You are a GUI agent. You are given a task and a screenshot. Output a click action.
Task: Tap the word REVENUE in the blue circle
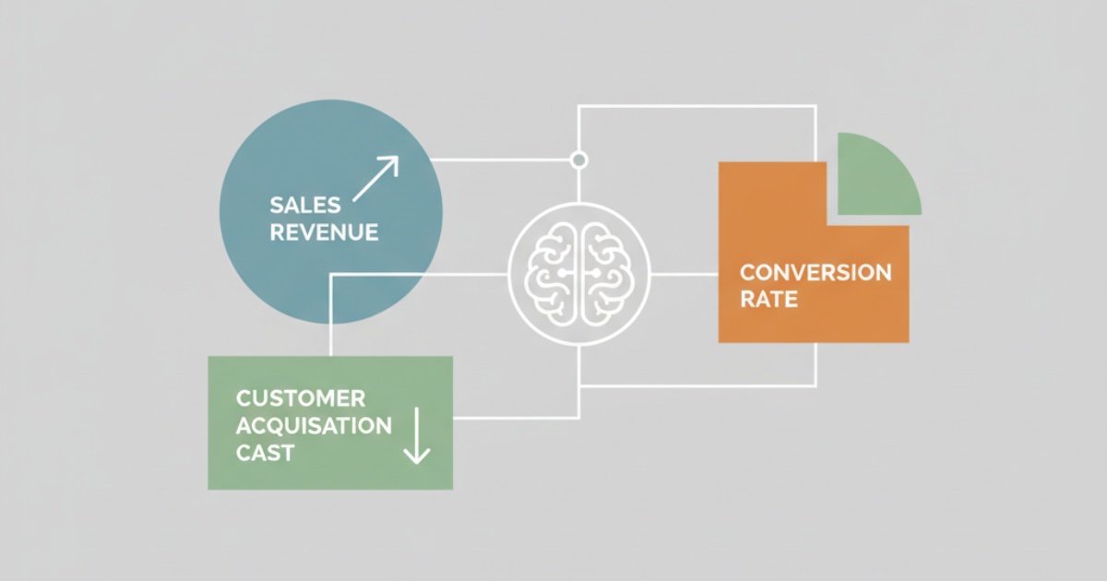(x=324, y=231)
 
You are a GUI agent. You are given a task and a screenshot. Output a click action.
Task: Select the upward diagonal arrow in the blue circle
(x=375, y=178)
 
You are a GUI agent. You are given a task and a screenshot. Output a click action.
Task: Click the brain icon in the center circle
(x=579, y=274)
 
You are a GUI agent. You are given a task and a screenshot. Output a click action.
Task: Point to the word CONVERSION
(x=815, y=273)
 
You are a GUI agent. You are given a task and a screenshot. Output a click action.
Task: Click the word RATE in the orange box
(x=768, y=300)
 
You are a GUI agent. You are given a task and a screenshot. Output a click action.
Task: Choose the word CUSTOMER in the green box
(x=301, y=399)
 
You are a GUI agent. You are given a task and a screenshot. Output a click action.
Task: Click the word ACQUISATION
(x=314, y=426)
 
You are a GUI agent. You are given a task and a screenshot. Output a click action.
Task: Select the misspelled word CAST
(x=265, y=453)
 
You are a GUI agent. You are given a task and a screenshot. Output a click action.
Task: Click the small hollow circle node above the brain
(x=579, y=160)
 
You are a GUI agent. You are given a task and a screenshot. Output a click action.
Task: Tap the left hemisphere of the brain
(x=554, y=274)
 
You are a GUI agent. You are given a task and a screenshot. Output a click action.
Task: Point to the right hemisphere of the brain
(x=604, y=274)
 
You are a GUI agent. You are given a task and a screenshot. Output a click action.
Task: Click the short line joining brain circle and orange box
(x=684, y=274)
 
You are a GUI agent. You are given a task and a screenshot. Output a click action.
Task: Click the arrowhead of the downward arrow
(x=417, y=456)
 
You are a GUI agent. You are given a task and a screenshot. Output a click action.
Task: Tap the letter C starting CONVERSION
(x=747, y=273)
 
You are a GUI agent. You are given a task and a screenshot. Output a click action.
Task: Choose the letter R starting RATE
(x=746, y=300)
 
